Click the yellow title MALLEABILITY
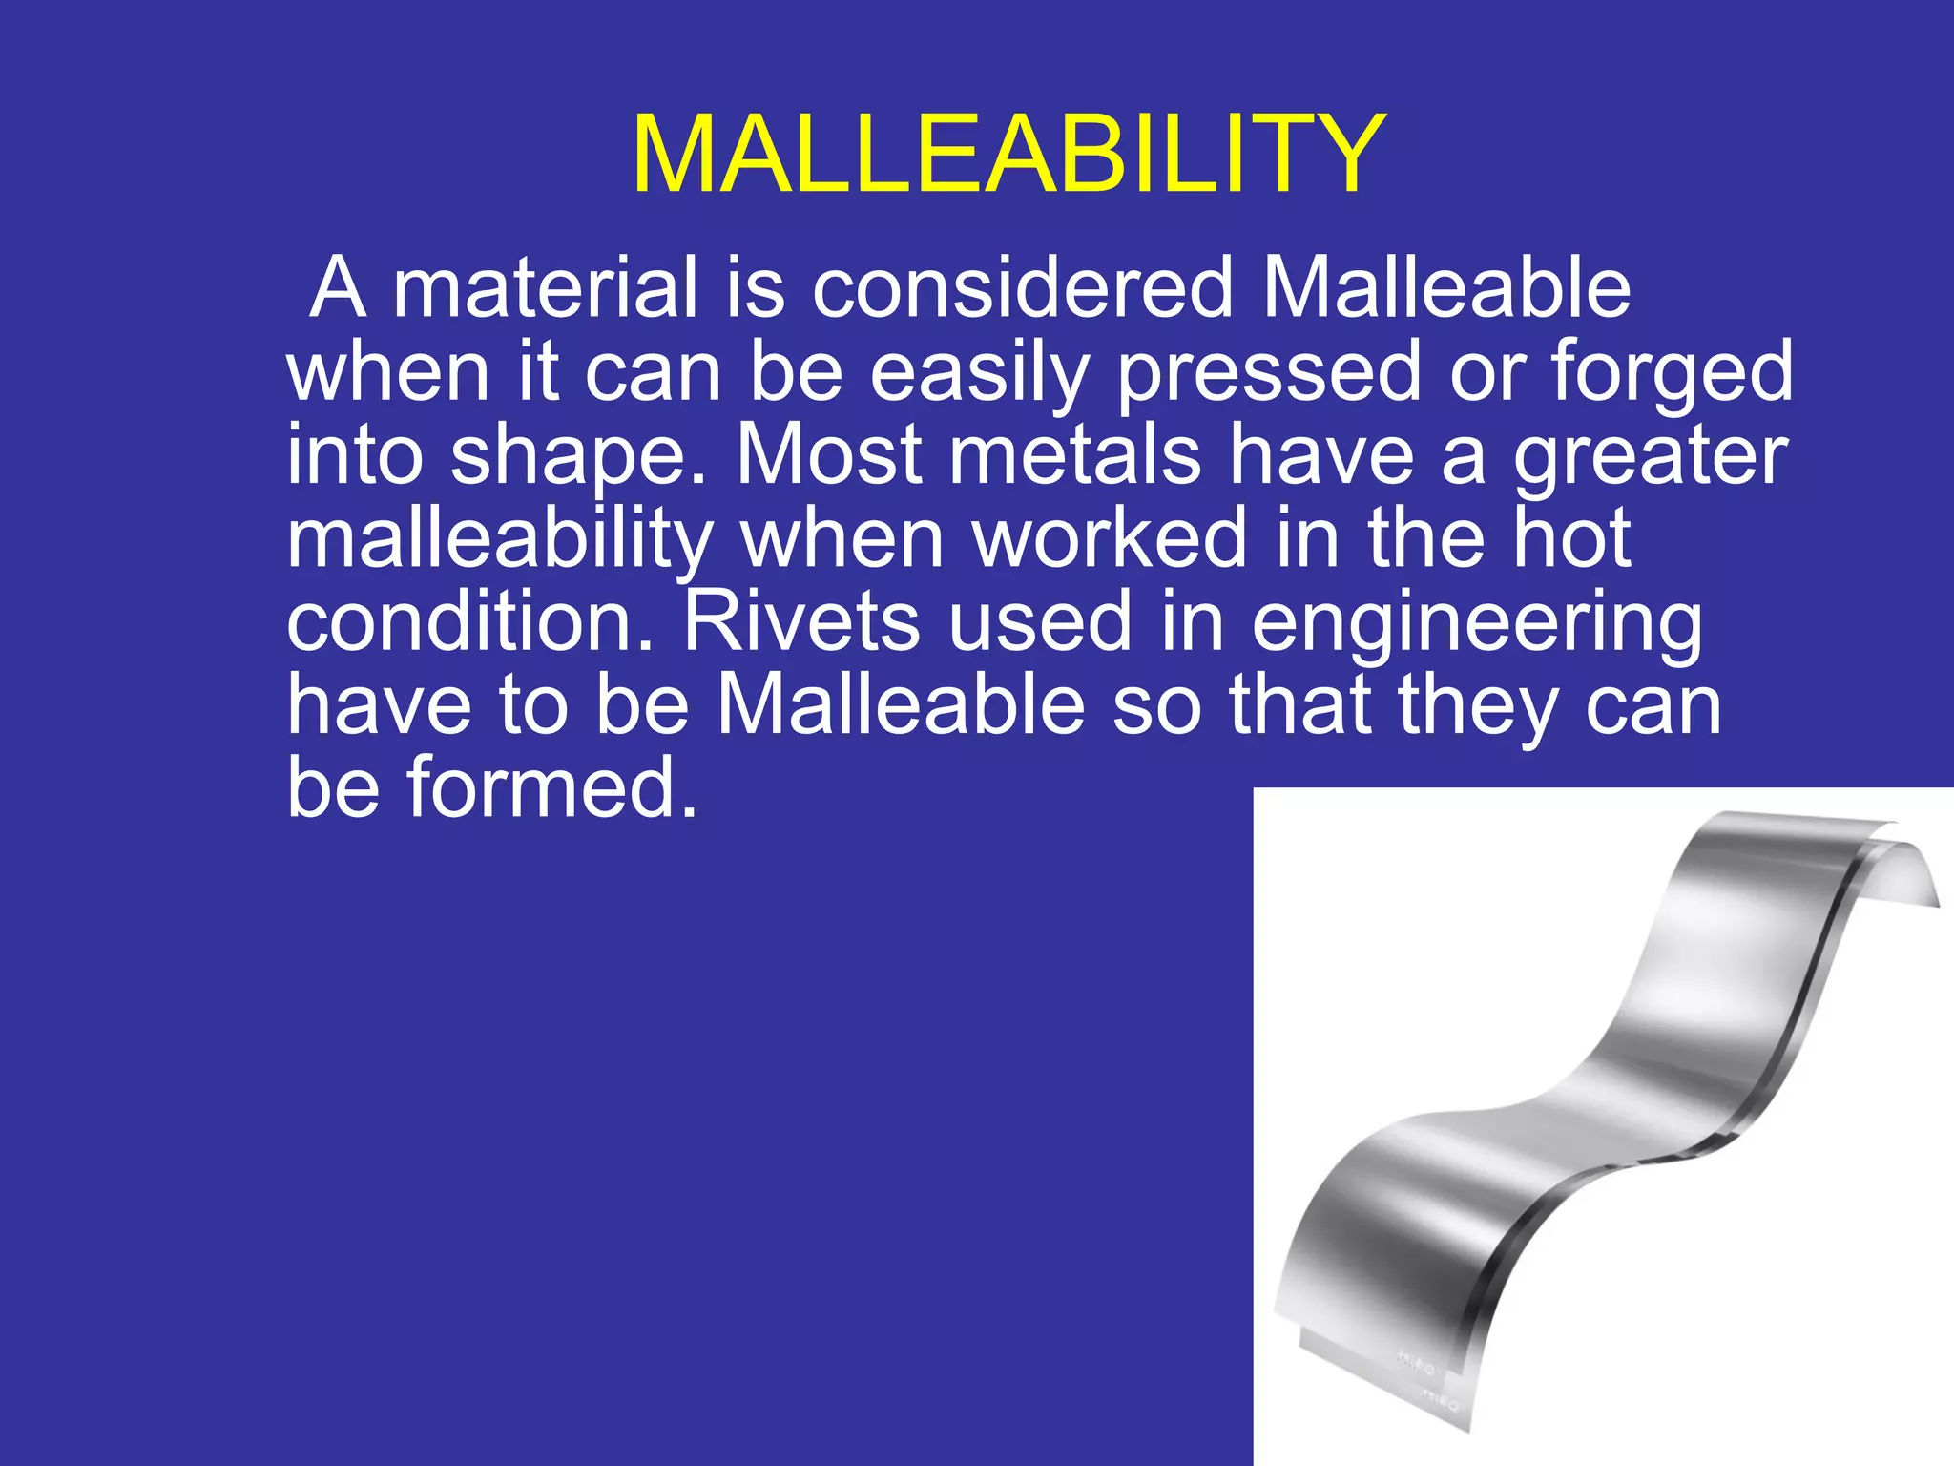(1008, 156)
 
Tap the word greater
(1650, 456)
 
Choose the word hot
(1570, 538)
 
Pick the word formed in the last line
(551, 788)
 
